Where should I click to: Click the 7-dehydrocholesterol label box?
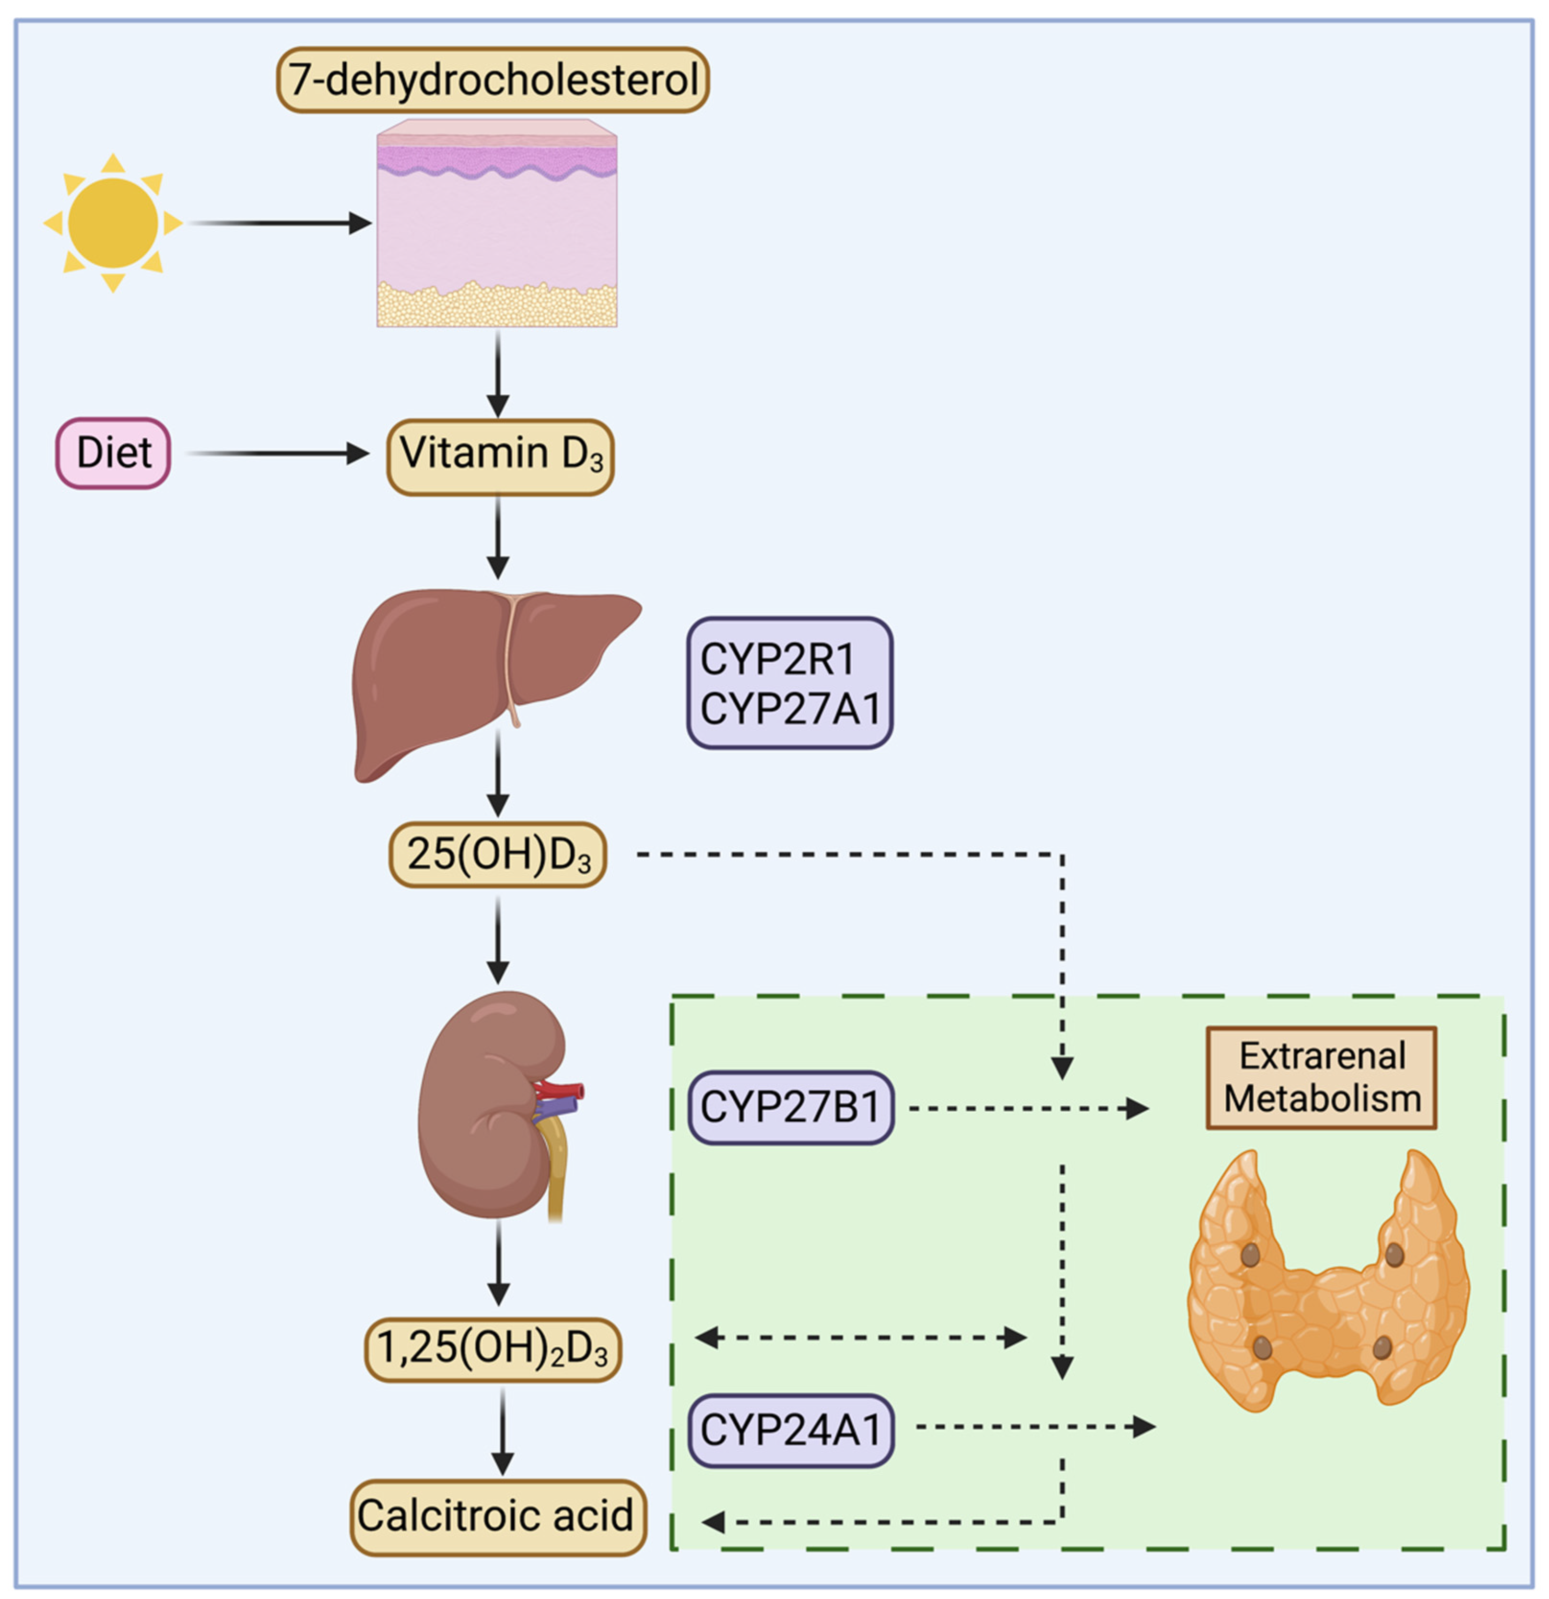(x=493, y=80)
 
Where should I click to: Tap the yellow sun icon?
(x=113, y=223)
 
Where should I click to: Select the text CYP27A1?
(x=789, y=707)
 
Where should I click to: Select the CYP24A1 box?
(x=789, y=1428)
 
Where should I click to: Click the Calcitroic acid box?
(x=498, y=1516)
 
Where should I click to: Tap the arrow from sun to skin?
(x=277, y=223)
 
